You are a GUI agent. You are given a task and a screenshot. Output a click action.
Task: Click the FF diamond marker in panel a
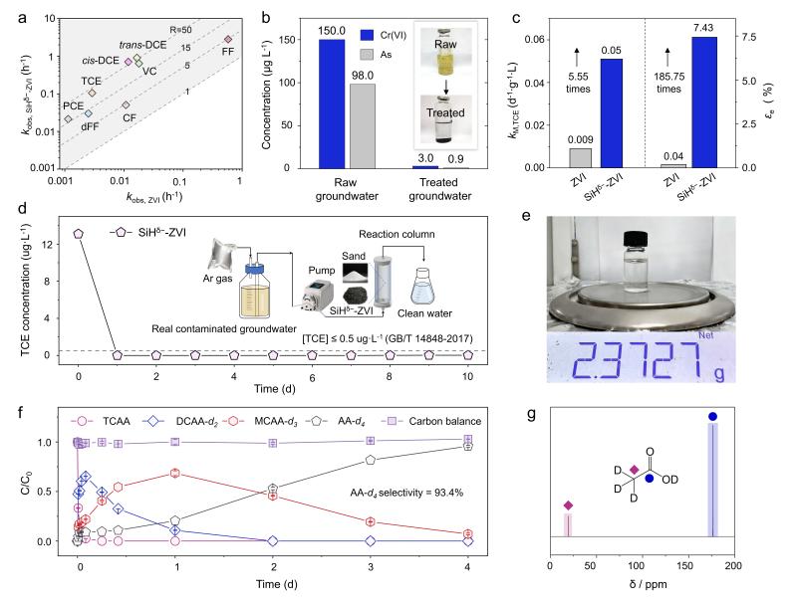228,40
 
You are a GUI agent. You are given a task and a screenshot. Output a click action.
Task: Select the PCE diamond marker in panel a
68,118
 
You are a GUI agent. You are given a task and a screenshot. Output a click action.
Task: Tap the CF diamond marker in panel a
126,105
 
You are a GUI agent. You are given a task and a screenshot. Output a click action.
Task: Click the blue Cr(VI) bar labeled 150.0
332,103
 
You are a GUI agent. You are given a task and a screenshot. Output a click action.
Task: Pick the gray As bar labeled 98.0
363,125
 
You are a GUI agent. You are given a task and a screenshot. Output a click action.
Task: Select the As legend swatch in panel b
367,55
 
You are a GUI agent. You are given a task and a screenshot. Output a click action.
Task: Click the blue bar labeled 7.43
704,102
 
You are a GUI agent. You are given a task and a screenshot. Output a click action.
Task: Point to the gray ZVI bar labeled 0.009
581,158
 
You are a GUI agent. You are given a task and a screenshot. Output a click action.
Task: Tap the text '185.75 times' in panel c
668,83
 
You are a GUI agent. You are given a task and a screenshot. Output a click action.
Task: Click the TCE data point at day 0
78,234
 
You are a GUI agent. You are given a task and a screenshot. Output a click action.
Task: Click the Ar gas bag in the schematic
225,258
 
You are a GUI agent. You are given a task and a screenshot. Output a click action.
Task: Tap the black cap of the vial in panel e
635,238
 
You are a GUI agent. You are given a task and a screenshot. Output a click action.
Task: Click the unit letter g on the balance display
719,373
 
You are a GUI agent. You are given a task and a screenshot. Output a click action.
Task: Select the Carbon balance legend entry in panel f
434,421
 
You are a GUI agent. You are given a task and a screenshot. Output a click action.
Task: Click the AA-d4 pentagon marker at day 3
371,460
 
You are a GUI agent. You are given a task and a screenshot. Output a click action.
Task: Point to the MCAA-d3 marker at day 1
175,473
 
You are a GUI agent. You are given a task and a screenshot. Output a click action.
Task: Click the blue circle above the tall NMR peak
712,417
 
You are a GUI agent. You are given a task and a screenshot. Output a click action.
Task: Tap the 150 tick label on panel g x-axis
686,565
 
